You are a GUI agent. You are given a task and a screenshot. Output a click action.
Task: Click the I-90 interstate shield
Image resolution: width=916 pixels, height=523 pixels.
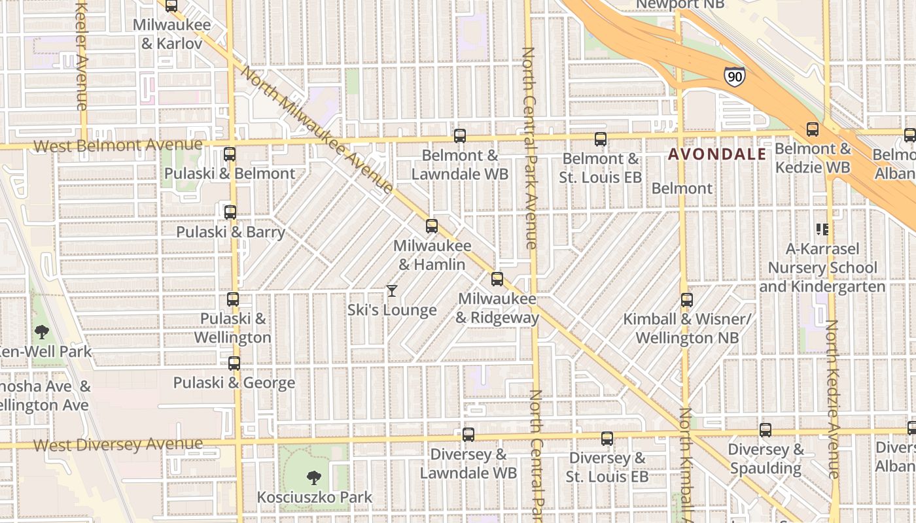click(x=734, y=76)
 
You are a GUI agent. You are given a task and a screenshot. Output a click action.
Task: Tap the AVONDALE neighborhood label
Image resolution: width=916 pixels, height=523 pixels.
click(x=716, y=154)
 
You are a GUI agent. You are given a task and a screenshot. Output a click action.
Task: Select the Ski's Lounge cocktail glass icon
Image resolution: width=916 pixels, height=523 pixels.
click(x=392, y=291)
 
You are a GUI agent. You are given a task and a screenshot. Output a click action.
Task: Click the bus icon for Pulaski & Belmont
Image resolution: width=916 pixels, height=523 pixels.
click(x=230, y=154)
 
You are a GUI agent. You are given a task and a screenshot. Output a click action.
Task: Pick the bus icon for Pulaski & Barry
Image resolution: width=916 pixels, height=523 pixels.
click(x=230, y=212)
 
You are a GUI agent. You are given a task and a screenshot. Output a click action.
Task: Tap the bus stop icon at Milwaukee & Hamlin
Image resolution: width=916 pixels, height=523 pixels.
click(x=432, y=226)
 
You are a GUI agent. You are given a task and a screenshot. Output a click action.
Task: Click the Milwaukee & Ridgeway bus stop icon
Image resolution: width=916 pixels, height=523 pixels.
click(x=497, y=279)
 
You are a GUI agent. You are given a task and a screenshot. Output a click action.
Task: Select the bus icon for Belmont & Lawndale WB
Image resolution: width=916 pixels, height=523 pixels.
click(x=460, y=136)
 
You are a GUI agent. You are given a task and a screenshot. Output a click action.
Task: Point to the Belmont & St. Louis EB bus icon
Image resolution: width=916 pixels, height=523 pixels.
click(x=601, y=139)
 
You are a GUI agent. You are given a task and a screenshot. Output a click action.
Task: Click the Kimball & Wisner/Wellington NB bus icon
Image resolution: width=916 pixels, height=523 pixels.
click(x=687, y=300)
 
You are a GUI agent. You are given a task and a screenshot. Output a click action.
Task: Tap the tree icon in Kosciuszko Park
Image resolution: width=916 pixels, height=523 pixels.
click(x=314, y=478)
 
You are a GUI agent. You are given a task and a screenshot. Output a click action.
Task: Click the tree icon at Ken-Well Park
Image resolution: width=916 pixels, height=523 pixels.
click(x=42, y=332)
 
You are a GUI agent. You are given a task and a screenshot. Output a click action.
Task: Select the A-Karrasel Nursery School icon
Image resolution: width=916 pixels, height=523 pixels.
click(x=822, y=229)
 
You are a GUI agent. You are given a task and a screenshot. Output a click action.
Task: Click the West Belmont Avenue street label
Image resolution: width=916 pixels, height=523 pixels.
click(x=118, y=145)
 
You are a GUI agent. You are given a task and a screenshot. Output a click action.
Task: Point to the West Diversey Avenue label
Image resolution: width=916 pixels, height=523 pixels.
click(x=118, y=445)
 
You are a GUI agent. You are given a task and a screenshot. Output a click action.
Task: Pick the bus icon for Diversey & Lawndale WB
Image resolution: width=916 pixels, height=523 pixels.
click(x=468, y=435)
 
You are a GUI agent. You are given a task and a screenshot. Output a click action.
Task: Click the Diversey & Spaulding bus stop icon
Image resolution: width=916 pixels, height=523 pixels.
click(x=766, y=430)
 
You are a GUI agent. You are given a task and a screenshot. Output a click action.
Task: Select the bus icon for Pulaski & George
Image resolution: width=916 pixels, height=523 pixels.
click(x=234, y=363)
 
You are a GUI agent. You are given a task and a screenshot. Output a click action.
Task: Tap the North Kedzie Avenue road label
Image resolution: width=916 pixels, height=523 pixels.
click(x=833, y=399)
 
